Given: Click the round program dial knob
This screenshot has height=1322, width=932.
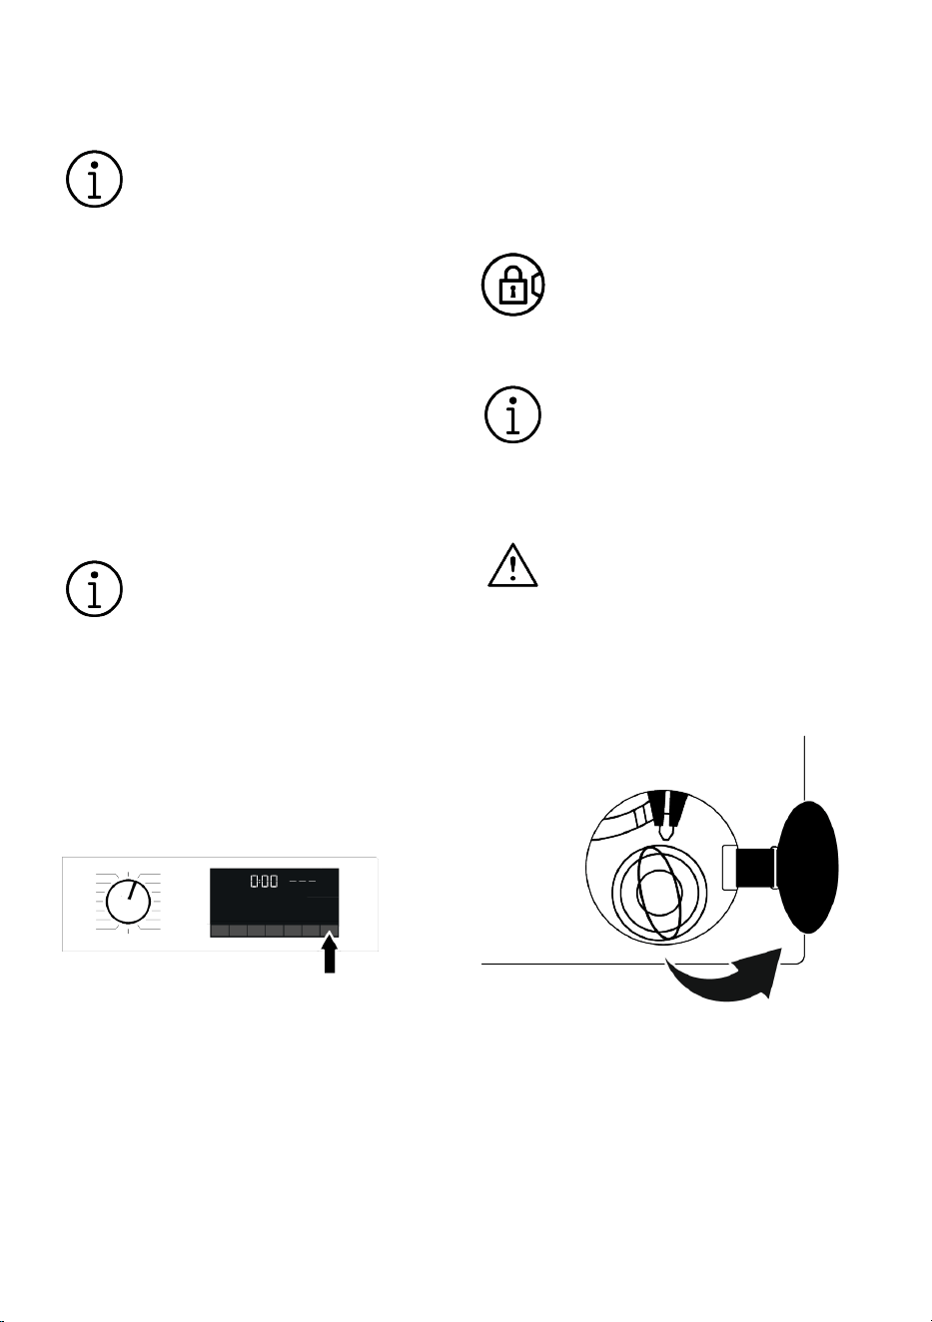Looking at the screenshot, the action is coord(128,902).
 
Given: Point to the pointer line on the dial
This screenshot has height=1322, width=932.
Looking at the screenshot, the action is coord(132,891).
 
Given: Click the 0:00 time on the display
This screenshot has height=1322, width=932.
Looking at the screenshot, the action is coord(264,882).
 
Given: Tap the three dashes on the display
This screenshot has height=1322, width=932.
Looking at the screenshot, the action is coord(303,882).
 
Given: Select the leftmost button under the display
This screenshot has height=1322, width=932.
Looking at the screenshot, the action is coord(219,931).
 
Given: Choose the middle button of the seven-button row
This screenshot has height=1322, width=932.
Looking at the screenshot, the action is coord(274,931).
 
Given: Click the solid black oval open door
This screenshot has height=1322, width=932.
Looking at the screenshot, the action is coord(808,867).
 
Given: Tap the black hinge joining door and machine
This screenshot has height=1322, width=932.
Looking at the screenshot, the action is coord(756,868).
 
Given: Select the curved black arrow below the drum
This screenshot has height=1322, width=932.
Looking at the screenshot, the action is coord(727,977).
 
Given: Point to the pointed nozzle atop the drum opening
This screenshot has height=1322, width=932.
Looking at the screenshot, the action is coord(666,815).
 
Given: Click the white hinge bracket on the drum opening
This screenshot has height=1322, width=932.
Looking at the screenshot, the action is coord(730,868).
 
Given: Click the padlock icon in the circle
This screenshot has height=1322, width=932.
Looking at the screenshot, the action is coord(512,285).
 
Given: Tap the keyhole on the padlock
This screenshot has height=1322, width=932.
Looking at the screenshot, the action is coord(511,291).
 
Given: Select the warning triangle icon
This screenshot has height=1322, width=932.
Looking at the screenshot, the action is coord(512,565).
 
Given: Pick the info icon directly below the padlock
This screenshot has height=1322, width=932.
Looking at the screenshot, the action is coord(512,415).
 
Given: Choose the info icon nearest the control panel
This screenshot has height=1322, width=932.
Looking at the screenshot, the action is coord(94,589).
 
